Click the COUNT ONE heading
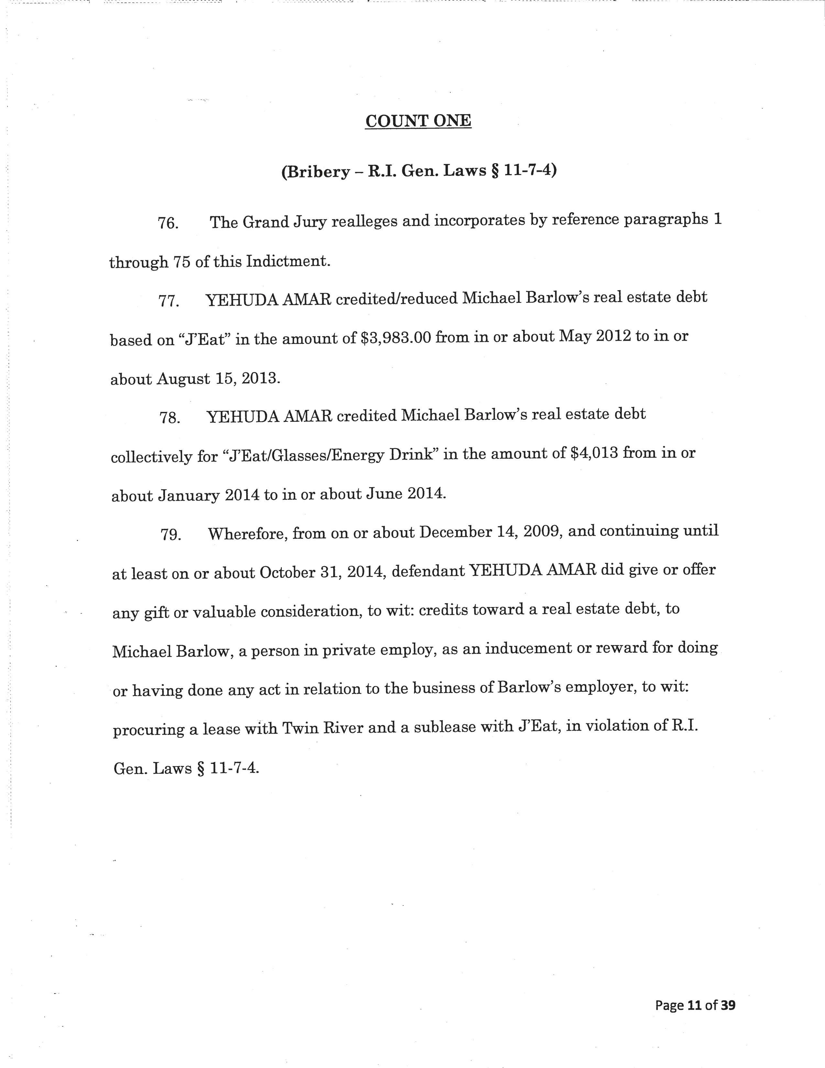point(418,121)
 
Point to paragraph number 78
point(170,418)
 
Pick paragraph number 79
point(171,535)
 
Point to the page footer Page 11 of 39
point(695,1005)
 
